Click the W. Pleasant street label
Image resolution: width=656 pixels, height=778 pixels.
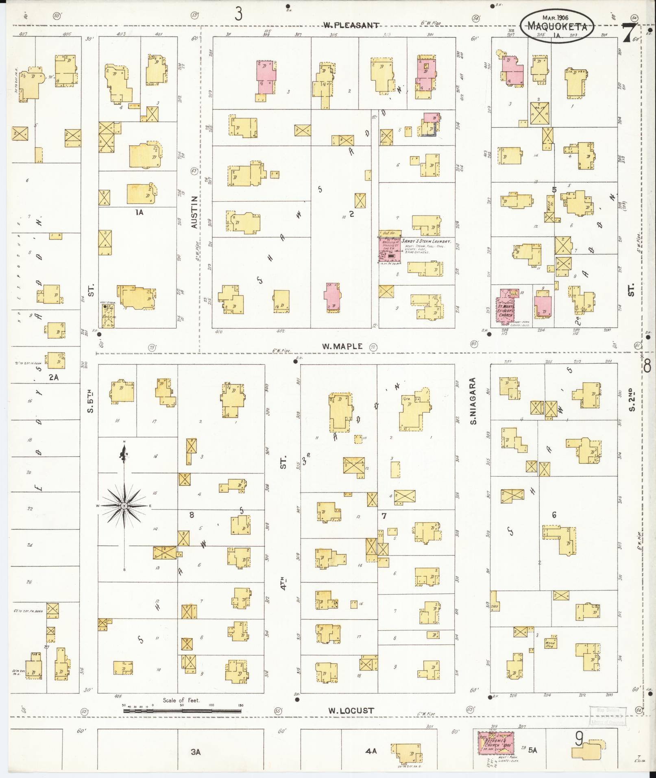(351, 25)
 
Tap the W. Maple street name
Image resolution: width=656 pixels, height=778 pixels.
(342, 347)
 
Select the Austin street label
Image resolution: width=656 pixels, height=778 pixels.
(194, 212)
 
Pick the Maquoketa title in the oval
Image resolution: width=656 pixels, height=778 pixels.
(557, 27)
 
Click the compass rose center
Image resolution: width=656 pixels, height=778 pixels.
(124, 506)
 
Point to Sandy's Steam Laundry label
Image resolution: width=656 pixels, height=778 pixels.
(427, 241)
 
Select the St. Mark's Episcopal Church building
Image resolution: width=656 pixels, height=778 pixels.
(507, 306)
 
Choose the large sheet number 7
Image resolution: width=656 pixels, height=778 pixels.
(629, 33)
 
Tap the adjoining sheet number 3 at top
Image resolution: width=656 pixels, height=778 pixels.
(238, 14)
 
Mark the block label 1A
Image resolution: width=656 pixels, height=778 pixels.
(139, 212)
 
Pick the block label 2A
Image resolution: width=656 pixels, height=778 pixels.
(54, 377)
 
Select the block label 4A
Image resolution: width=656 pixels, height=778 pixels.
(371, 751)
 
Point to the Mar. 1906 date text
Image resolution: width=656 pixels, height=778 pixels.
(556, 17)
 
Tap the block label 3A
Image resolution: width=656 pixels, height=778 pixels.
(196, 752)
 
